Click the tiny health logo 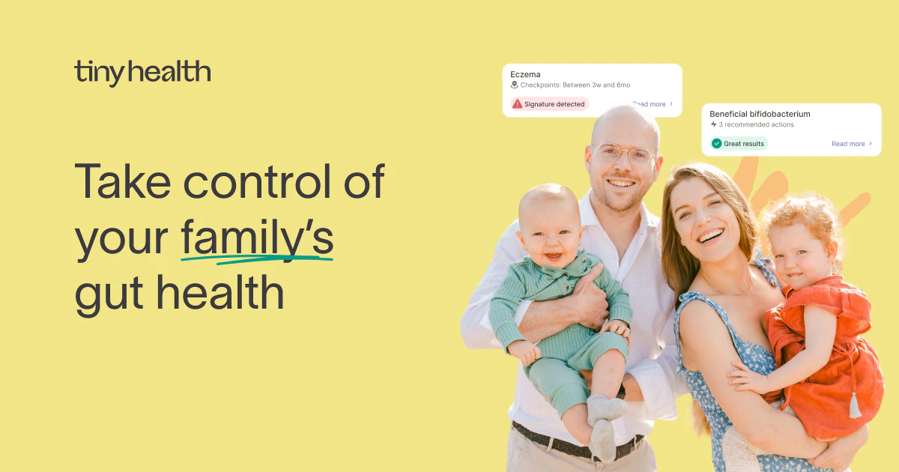click(x=142, y=73)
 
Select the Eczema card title click(x=525, y=74)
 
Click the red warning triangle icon click(x=517, y=104)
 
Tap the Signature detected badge click(x=550, y=104)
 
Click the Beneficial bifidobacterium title click(x=760, y=114)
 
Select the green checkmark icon click(x=717, y=143)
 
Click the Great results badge click(x=739, y=143)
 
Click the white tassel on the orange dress click(x=855, y=405)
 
